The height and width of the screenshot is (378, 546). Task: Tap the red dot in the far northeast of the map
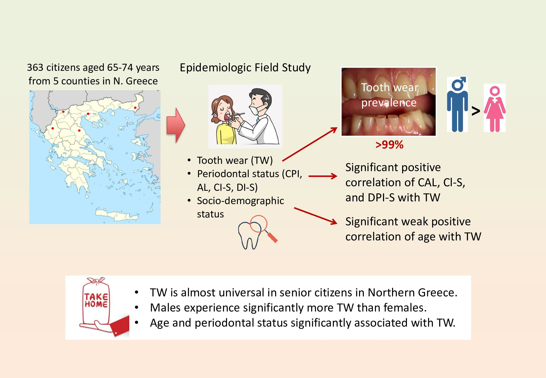(x=135, y=108)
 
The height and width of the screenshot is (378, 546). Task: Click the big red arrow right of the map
(x=176, y=125)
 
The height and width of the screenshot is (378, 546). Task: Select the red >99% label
(x=389, y=145)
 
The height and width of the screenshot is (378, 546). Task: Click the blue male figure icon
(x=457, y=105)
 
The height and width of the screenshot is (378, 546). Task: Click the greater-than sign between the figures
(x=476, y=111)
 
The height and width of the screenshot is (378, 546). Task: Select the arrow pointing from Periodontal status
(x=323, y=176)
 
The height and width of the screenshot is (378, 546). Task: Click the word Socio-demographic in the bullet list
(x=240, y=201)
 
